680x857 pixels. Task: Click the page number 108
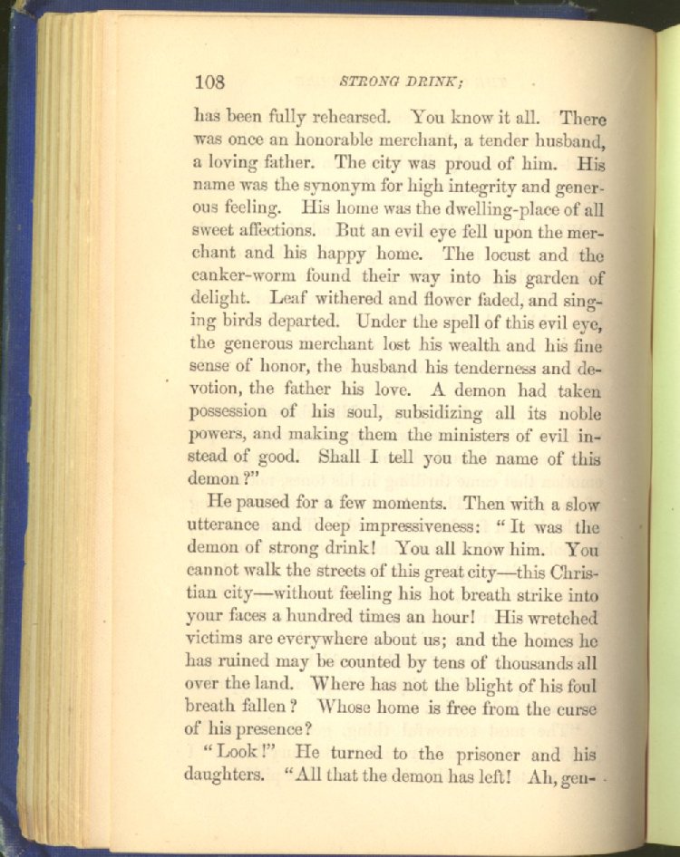[x=209, y=82]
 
